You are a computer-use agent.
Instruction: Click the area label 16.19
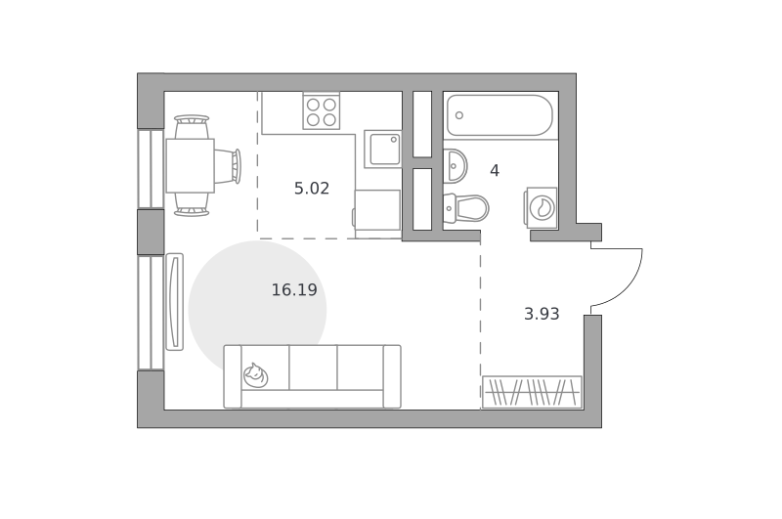point(294,289)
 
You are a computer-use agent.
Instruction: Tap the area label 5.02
point(312,189)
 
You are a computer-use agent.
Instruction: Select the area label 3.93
point(542,314)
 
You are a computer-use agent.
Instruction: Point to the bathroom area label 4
point(495,171)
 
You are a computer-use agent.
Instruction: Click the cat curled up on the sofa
point(255,375)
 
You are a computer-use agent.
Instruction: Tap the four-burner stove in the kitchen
point(322,111)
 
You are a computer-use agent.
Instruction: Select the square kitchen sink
point(383,149)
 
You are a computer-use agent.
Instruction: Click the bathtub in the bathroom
point(500,115)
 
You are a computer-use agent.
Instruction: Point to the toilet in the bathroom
point(465,207)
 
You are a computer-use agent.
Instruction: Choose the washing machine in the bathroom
point(541,208)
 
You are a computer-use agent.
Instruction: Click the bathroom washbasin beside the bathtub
point(455,165)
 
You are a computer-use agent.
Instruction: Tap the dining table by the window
point(190,165)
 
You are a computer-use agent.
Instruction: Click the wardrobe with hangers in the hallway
point(532,392)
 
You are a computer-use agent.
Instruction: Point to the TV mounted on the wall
point(174,302)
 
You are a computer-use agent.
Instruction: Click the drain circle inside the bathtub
point(459,115)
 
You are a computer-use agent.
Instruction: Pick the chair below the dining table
point(192,205)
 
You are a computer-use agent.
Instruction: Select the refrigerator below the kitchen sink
point(377,214)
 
